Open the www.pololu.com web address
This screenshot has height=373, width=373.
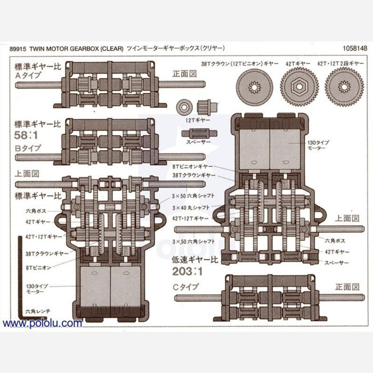[43, 323]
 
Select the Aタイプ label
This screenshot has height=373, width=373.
[26, 76]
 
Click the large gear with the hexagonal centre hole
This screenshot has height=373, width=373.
[299, 87]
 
